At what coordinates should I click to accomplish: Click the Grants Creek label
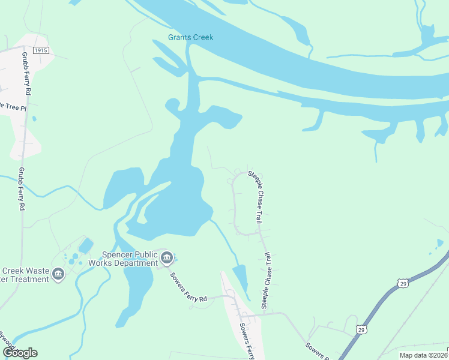pyautogui.click(x=190, y=38)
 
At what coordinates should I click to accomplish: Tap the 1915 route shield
pyautogui.click(x=41, y=51)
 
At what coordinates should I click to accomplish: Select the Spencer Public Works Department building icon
pyautogui.click(x=167, y=259)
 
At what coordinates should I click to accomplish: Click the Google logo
pyautogui.click(x=20, y=353)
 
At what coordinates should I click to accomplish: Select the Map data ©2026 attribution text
pyautogui.click(x=423, y=355)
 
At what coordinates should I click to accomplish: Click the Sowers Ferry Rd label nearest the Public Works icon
pyautogui.click(x=188, y=287)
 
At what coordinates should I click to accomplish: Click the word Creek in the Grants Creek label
pyautogui.click(x=202, y=38)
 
